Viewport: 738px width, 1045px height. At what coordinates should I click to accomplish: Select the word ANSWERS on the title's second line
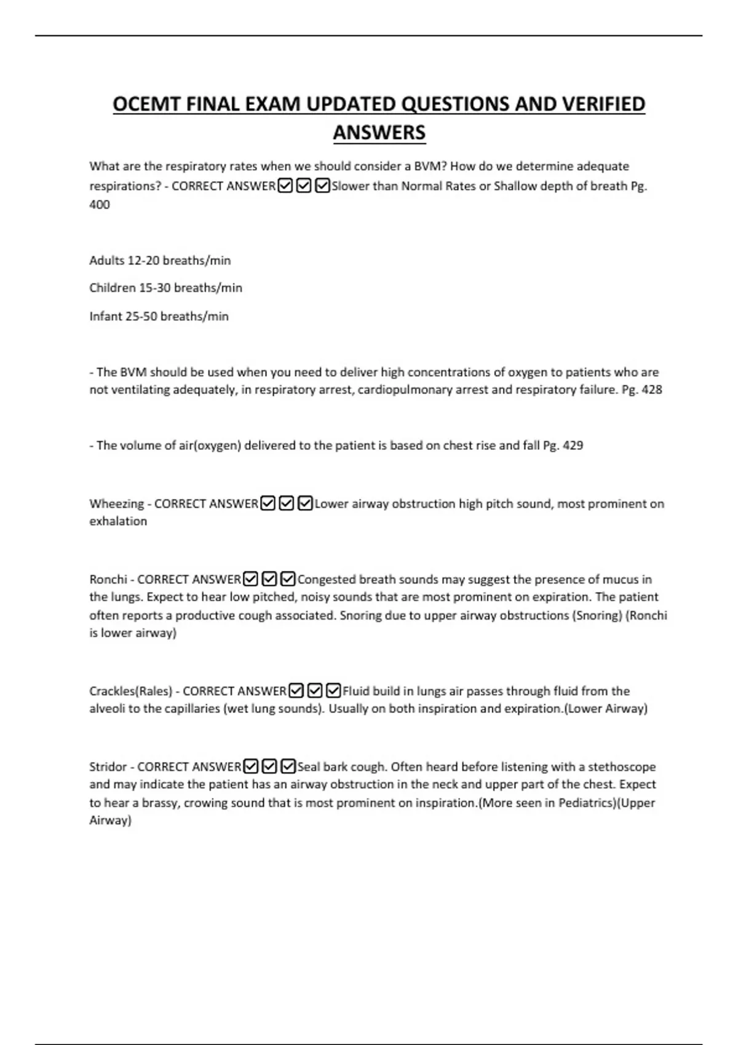click(379, 132)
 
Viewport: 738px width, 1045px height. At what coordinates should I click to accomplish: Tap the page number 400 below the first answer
click(100, 205)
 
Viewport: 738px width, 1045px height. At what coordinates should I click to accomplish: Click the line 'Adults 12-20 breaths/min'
click(160, 261)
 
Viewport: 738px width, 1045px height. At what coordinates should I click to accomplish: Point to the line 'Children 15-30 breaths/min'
click(165, 288)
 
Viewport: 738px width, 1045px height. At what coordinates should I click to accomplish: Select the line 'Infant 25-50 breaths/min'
click(159, 317)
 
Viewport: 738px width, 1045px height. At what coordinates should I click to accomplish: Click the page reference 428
click(651, 390)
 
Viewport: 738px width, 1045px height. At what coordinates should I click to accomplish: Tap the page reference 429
click(573, 446)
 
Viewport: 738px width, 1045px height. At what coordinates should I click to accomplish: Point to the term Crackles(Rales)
click(130, 692)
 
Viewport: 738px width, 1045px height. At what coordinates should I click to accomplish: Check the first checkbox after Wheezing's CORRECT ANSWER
click(268, 504)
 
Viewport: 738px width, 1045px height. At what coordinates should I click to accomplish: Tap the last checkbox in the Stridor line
click(288, 767)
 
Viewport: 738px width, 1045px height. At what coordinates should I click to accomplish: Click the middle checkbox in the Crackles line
click(314, 691)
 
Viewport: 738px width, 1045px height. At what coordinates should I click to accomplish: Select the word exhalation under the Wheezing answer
click(118, 521)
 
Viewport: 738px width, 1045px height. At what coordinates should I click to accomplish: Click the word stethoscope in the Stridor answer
click(622, 767)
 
